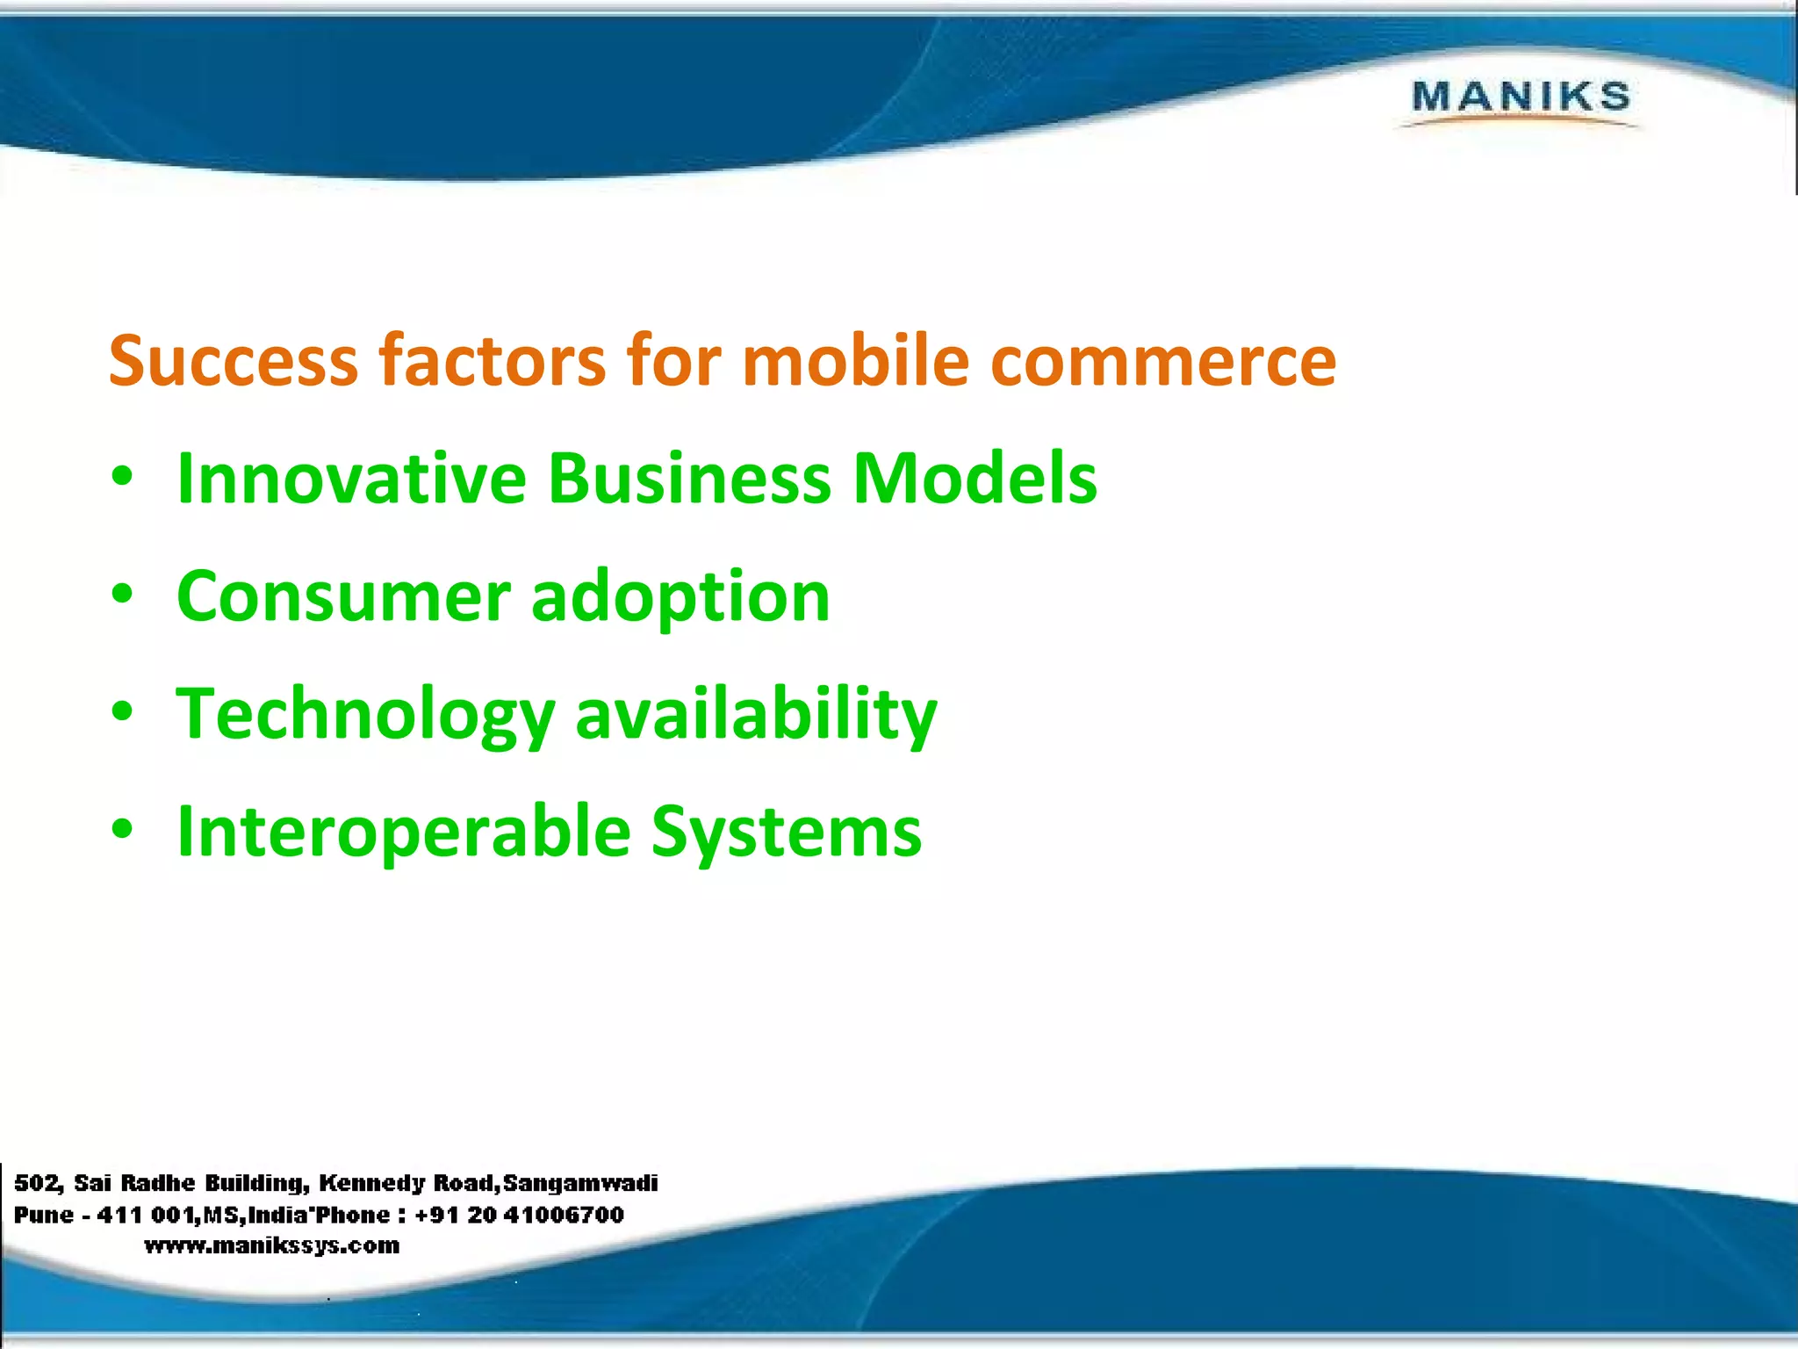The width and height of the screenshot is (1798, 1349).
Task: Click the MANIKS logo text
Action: pos(1521,97)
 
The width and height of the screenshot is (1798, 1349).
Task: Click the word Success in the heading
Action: pos(234,361)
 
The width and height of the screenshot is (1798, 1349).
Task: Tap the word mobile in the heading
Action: pos(855,361)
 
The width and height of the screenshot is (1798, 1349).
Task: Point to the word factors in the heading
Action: pos(492,361)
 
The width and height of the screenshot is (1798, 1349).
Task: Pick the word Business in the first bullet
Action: pos(689,479)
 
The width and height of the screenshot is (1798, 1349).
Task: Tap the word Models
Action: pos(975,479)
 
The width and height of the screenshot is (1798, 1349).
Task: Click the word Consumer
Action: pos(343,596)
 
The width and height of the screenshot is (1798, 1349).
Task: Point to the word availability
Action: pos(756,714)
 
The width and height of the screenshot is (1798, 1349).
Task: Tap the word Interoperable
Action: pos(403,832)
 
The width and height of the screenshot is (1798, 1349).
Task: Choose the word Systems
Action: pos(786,832)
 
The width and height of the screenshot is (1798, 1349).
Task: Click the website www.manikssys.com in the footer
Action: pos(272,1245)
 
